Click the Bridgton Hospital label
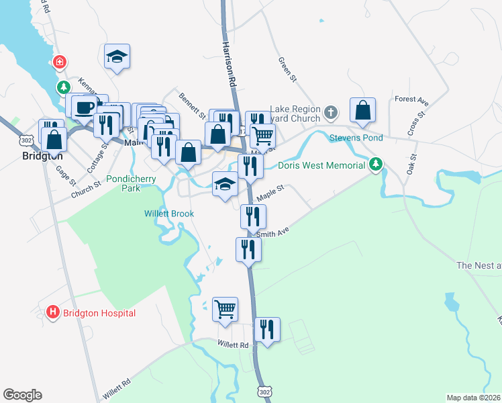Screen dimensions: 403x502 tap(99, 313)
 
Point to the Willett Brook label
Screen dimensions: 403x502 tap(169, 214)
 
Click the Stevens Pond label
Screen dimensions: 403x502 tap(356, 138)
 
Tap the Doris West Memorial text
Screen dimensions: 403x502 tap(321, 165)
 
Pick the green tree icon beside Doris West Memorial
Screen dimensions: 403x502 tap(376, 164)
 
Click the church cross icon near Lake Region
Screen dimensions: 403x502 tap(330, 111)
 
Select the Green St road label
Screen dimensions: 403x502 tap(287, 69)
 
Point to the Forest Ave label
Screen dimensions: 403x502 tap(411, 100)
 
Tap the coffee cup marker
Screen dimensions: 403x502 tap(85, 107)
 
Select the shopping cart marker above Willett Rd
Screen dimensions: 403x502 tap(225, 309)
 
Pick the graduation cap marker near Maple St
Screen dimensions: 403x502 tap(225, 184)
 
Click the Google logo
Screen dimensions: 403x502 tap(22, 395)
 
